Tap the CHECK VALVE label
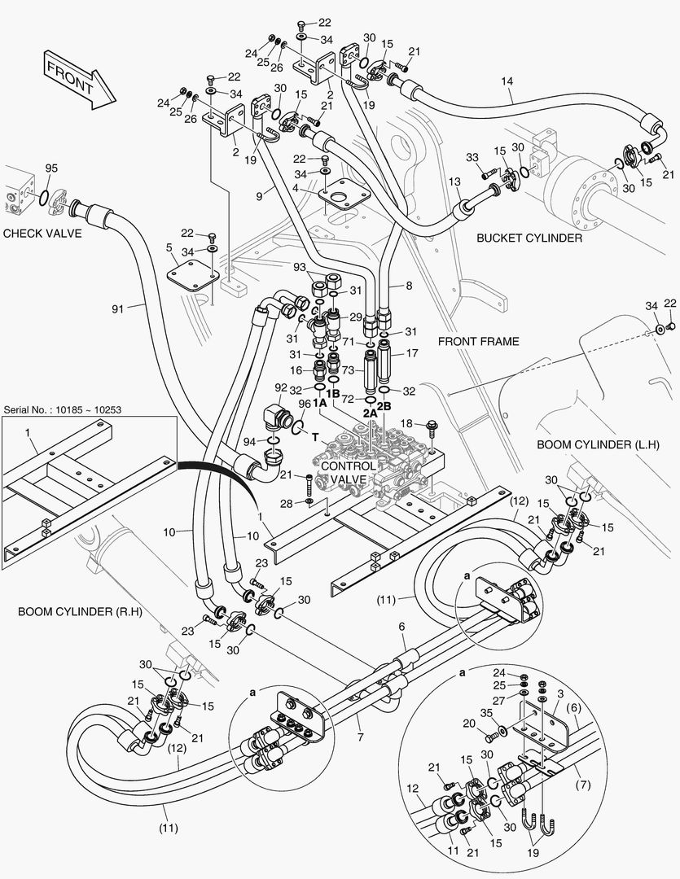(43, 234)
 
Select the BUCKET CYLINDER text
(529, 238)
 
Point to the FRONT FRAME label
(478, 342)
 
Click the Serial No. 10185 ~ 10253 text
(63, 409)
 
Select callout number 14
(507, 81)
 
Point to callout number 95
(51, 168)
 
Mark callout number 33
(472, 157)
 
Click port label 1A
(320, 402)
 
